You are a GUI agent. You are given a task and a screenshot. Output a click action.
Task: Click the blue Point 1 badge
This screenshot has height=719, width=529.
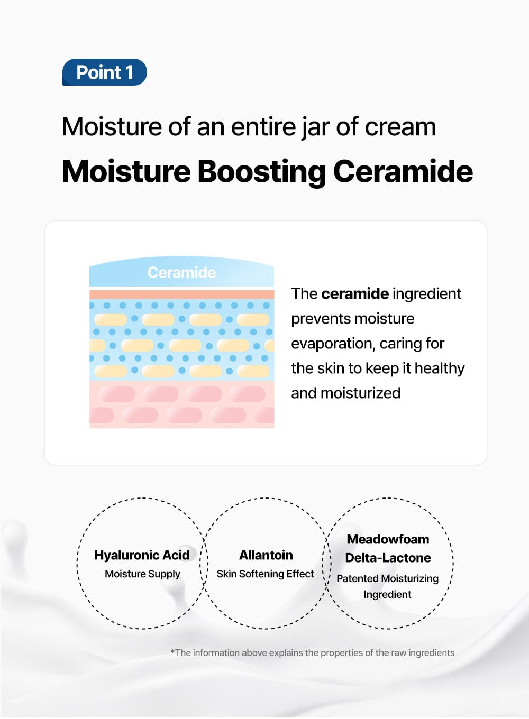point(104,72)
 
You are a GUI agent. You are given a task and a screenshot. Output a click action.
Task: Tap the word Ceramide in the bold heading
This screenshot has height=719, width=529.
point(403,172)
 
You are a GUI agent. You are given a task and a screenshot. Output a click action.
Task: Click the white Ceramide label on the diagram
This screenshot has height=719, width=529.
point(181,273)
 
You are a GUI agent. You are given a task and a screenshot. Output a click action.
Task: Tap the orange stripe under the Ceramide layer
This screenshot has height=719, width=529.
point(181,294)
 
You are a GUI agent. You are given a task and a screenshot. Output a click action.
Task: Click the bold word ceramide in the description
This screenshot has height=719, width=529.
point(354,294)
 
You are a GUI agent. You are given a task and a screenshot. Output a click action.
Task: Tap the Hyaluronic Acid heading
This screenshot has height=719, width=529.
point(142,555)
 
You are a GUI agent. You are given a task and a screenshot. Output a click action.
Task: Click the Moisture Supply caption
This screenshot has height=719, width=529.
point(142,574)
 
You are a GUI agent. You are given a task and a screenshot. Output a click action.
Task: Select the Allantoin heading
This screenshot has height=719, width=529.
point(266,555)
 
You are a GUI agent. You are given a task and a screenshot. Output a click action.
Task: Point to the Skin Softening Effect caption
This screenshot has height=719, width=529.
point(265,574)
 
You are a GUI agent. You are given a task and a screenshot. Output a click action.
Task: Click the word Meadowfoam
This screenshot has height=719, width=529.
point(388,539)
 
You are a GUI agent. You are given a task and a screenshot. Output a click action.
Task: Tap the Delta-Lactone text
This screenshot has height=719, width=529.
point(388,558)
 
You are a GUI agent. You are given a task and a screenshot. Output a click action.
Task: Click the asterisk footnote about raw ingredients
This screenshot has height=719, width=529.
point(312,653)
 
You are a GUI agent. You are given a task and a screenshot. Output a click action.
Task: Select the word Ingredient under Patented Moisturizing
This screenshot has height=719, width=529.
point(387,595)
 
